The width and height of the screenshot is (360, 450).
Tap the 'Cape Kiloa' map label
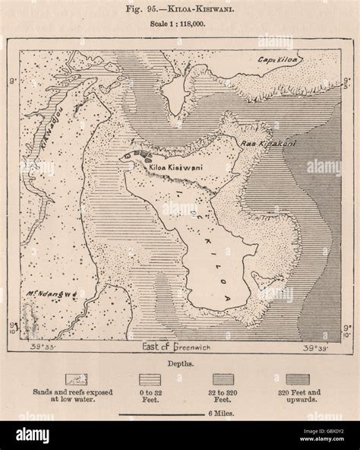[277, 60]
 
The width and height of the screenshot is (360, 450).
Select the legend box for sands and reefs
[76, 378]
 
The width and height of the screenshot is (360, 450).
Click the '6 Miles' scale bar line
[159, 415]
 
